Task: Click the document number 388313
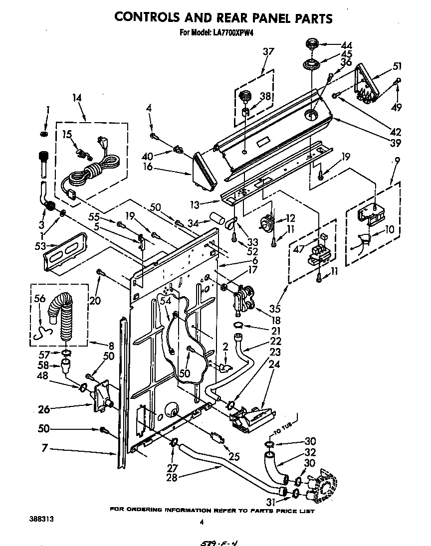(x=42, y=519)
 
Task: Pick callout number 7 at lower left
(x=44, y=449)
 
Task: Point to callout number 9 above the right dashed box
(x=397, y=161)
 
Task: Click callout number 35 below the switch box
(x=274, y=308)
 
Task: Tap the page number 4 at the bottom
(x=202, y=522)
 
